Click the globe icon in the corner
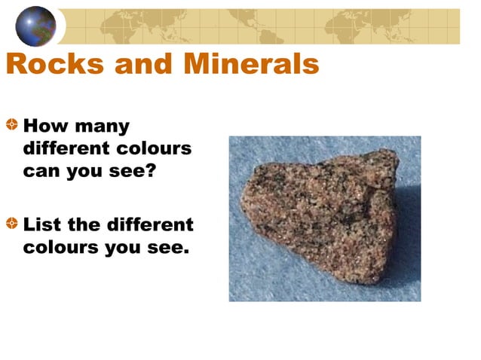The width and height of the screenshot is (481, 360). click(35, 26)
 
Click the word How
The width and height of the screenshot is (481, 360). click(46, 125)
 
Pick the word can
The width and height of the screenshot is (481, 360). click(41, 170)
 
